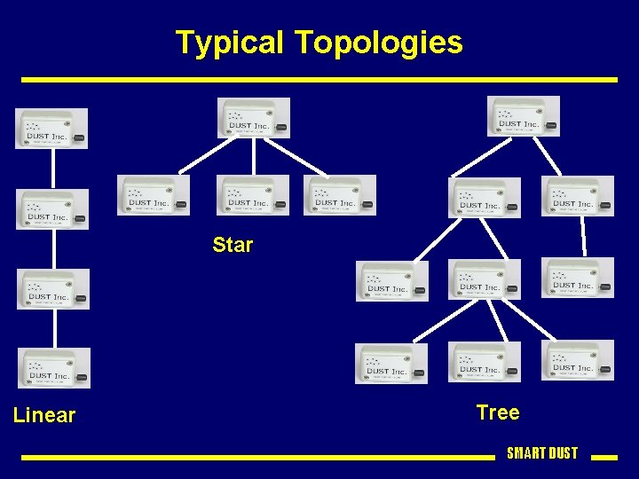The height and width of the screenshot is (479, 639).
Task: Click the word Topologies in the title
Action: pyautogui.click(x=378, y=43)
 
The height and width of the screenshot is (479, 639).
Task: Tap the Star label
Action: pyautogui.click(x=233, y=245)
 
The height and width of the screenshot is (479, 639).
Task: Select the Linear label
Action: pyautogui.click(x=44, y=415)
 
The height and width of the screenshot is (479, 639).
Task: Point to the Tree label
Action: pyautogui.click(x=497, y=412)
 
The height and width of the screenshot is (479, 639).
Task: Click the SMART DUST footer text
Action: pyautogui.click(x=541, y=453)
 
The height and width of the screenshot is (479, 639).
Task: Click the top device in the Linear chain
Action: pyautogui.click(x=52, y=128)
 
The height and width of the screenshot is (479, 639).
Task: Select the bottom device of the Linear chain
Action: pyautogui.click(x=54, y=367)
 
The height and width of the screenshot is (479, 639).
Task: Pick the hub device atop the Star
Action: pyautogui.click(x=254, y=118)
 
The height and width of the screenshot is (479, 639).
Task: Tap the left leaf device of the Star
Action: pyautogui.click(x=154, y=194)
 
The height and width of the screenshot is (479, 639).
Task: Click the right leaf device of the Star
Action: pyautogui.click(x=340, y=194)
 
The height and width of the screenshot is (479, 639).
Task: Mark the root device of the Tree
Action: pyautogui.click(x=524, y=116)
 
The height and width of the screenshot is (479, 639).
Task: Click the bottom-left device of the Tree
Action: pyautogui.click(x=391, y=363)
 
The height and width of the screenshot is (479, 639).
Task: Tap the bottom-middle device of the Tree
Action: pyautogui.click(x=485, y=362)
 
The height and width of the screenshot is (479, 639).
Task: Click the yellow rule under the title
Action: pyautogui.click(x=319, y=80)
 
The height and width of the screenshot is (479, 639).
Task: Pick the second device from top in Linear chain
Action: pyautogui.click(x=53, y=209)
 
